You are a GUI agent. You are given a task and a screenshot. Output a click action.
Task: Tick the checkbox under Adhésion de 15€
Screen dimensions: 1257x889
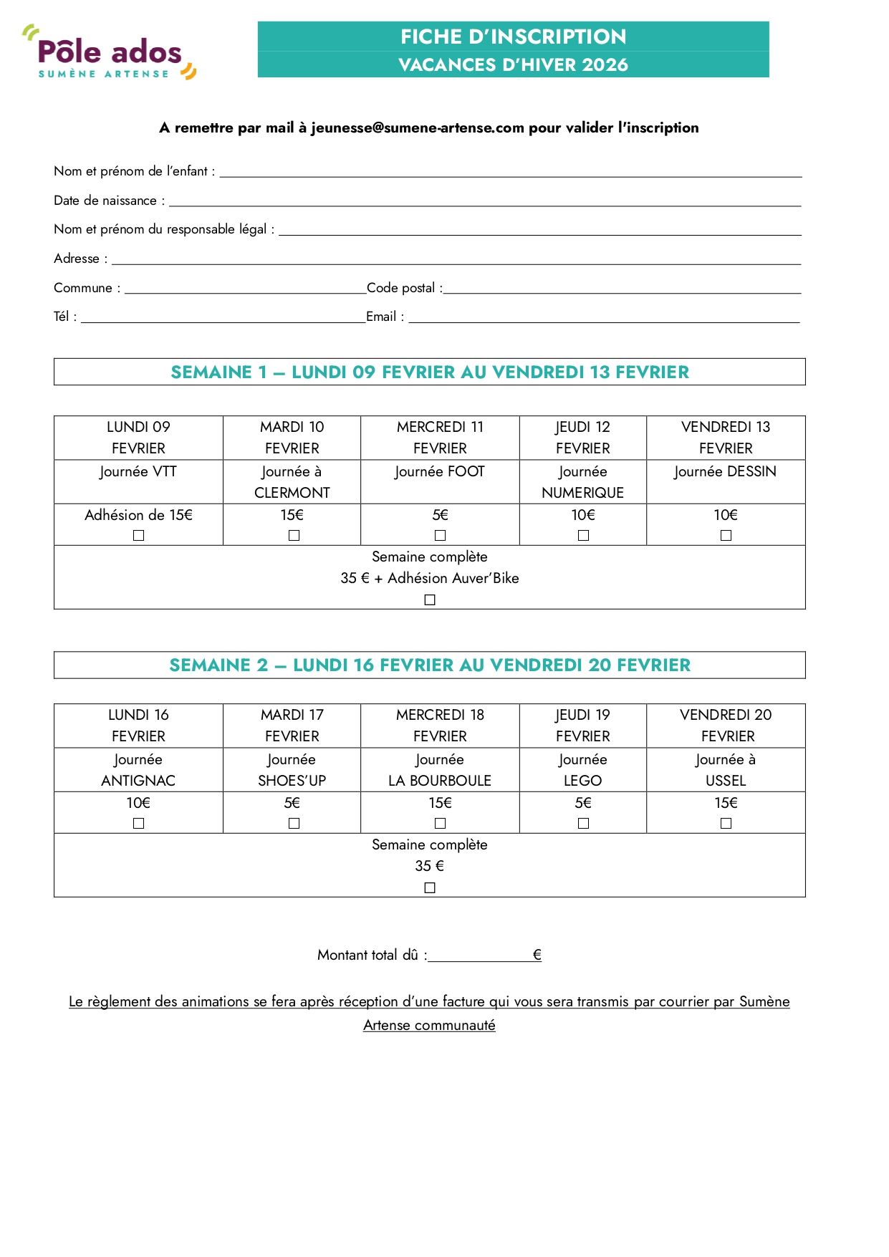point(139,536)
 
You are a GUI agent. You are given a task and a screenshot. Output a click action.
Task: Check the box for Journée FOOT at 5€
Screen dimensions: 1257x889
point(440,536)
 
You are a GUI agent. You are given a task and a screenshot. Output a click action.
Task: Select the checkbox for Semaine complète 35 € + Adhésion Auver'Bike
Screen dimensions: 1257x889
point(430,600)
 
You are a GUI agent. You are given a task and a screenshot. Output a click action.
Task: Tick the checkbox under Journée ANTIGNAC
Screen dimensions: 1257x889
point(139,824)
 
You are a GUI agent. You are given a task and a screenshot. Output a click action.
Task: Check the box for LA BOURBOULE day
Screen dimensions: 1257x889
point(440,824)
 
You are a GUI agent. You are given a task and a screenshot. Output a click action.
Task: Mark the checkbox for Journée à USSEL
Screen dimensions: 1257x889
point(726,824)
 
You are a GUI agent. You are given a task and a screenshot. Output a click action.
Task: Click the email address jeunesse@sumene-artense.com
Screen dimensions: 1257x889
point(418,128)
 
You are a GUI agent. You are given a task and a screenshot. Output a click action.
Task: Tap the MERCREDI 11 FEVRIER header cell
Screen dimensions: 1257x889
point(440,438)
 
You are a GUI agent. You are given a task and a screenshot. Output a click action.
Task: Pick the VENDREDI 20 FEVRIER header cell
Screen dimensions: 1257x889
point(726,726)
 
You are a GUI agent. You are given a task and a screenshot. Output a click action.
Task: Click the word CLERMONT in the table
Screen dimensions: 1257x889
point(292,493)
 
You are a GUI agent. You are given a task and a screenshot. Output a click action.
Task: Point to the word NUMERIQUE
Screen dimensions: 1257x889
point(582,493)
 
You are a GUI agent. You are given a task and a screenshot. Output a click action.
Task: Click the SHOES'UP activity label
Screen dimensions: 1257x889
point(292,781)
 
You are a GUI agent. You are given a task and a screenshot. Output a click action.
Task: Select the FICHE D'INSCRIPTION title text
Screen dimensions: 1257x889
point(513,37)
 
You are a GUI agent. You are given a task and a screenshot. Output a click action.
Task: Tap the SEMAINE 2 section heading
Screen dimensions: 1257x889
point(430,665)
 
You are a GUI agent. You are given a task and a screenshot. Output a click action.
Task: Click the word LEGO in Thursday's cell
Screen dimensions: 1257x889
point(582,781)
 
